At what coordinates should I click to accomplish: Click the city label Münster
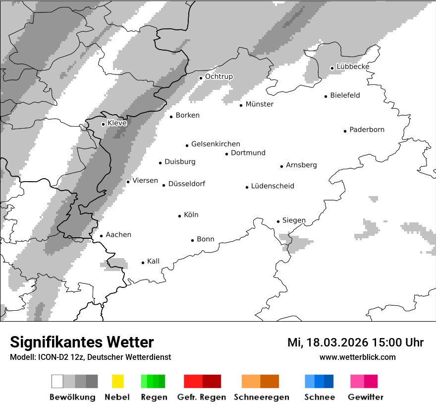click(x=259, y=104)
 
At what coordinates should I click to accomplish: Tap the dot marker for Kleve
click(x=103, y=124)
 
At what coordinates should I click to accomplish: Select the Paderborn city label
click(x=367, y=130)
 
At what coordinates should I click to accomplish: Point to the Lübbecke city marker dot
click(x=332, y=68)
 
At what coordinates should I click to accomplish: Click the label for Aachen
click(x=118, y=235)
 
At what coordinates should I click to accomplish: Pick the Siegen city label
click(x=294, y=220)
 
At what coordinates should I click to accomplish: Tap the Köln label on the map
click(x=191, y=215)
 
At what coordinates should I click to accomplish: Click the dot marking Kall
click(x=143, y=263)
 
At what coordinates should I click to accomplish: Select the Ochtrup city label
click(x=218, y=77)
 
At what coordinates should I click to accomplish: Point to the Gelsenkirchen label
click(x=216, y=144)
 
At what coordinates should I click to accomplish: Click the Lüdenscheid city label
click(x=272, y=186)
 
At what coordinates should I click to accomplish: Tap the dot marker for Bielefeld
click(x=326, y=96)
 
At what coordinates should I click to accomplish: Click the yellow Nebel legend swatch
click(x=117, y=381)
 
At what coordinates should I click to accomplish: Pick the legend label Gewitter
click(x=365, y=397)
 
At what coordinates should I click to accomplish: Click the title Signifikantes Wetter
click(x=82, y=343)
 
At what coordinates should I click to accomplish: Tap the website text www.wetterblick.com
click(x=357, y=357)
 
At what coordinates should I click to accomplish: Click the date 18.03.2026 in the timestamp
click(x=337, y=343)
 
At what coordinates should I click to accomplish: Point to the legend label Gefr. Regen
click(x=202, y=397)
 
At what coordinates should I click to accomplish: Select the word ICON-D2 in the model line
click(x=50, y=357)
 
